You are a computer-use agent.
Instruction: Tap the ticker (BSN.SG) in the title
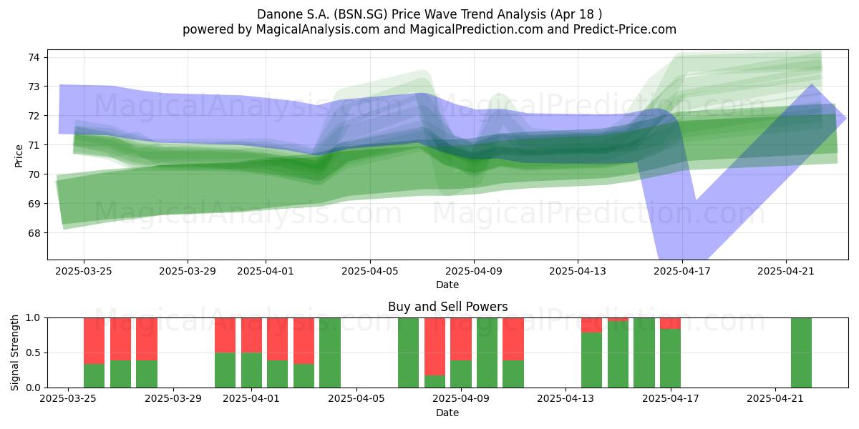click(x=361, y=14)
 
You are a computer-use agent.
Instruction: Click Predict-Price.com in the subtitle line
click(x=625, y=29)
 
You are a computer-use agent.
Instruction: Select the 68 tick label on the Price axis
click(x=34, y=233)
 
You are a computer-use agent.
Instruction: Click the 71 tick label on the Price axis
click(x=34, y=145)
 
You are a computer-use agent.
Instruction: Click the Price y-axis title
click(x=19, y=156)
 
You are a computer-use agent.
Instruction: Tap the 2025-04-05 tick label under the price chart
click(x=370, y=271)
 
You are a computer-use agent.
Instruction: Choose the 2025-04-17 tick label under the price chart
click(x=682, y=271)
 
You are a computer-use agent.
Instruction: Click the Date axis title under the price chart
click(x=447, y=285)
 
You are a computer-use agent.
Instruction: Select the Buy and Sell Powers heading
click(x=447, y=307)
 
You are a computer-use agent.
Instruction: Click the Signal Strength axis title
click(x=14, y=352)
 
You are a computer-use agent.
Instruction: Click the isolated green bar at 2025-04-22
click(x=802, y=352)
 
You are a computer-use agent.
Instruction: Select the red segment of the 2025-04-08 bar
click(x=435, y=347)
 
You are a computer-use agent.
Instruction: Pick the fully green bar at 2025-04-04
click(x=330, y=352)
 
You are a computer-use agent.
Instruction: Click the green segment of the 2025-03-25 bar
click(x=94, y=376)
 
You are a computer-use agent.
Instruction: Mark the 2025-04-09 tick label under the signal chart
click(x=461, y=399)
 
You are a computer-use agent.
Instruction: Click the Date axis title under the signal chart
click(x=447, y=413)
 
